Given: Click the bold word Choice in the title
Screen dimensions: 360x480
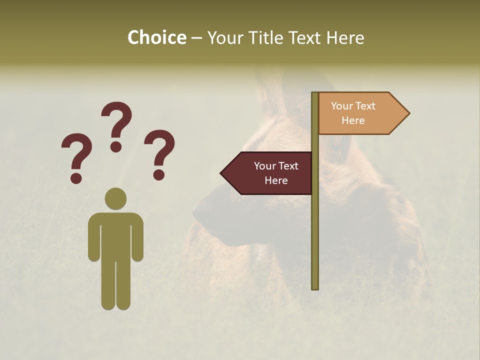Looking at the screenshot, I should coord(156,37).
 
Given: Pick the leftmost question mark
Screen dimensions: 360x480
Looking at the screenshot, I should coord(76,155).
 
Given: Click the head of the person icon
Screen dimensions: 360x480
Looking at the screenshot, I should coord(115,198).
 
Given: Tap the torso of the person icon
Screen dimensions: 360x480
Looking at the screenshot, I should coord(115,235).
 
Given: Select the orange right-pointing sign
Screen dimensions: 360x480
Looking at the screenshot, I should coord(357,113).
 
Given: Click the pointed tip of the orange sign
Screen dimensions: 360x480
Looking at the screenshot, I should coord(408,113).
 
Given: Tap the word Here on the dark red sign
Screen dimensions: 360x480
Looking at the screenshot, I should coord(276,180).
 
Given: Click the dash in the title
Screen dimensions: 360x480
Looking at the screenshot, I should coord(196,38).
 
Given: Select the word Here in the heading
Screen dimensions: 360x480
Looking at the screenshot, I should coord(345,37).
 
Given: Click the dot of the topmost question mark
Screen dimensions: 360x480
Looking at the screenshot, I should coord(116,146).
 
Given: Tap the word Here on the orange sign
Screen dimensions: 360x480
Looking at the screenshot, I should coord(353,120).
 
